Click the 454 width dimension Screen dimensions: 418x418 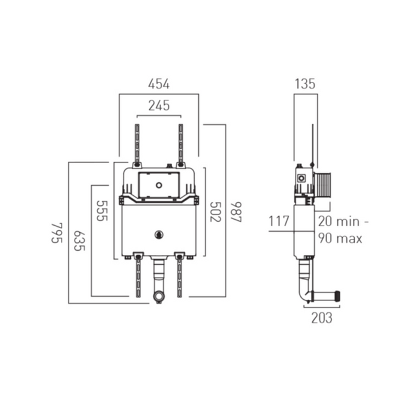pyautogui.click(x=159, y=84)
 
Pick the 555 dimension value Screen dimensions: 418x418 pyautogui.click(x=102, y=210)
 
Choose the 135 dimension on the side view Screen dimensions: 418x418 pyautogui.click(x=305, y=84)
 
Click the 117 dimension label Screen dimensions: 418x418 pyautogui.click(x=279, y=222)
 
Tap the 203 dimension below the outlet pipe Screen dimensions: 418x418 pyautogui.click(x=321, y=318)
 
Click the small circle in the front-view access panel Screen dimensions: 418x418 pyautogui.click(x=159, y=185)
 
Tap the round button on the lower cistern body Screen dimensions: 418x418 pyautogui.click(x=159, y=234)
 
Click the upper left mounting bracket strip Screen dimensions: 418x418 pyautogui.click(x=137, y=145)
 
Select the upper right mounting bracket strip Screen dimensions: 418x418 pyautogui.click(x=179, y=145)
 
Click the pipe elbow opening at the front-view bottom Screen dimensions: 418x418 pyautogui.click(x=158, y=296)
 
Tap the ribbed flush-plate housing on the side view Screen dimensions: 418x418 pyautogui.click(x=323, y=182)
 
